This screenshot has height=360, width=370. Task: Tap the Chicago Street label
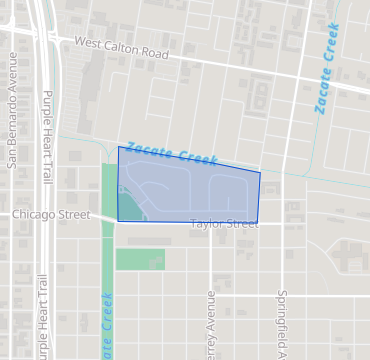tap(51, 215)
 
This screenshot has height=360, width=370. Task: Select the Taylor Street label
tap(224, 225)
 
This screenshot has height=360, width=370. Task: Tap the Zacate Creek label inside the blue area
tap(171, 154)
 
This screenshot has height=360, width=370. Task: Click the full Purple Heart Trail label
tap(46, 137)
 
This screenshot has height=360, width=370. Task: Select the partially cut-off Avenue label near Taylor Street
tap(211, 326)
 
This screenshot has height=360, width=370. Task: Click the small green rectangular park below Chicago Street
tap(140, 259)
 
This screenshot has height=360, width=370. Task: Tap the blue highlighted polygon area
tap(190, 190)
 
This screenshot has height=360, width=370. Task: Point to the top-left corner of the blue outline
tap(118, 147)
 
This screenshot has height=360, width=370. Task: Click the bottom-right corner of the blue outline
tap(257, 223)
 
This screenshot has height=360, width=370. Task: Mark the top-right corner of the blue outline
tap(261, 172)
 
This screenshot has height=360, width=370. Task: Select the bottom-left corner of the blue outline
tap(117, 221)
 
